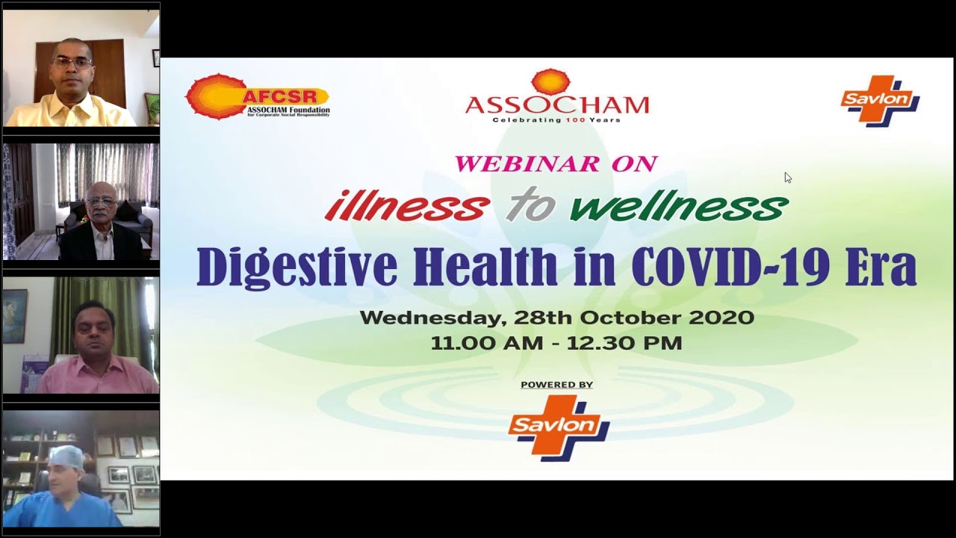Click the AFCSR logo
click(x=258, y=96)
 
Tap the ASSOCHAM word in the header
click(x=557, y=105)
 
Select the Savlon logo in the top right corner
click(x=880, y=101)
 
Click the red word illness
click(x=407, y=205)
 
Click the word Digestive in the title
click(x=297, y=267)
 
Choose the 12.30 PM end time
click(x=624, y=343)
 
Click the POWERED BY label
click(x=557, y=385)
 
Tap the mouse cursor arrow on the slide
click(x=788, y=178)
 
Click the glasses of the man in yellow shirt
click(x=72, y=64)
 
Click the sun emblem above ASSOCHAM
click(x=551, y=81)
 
